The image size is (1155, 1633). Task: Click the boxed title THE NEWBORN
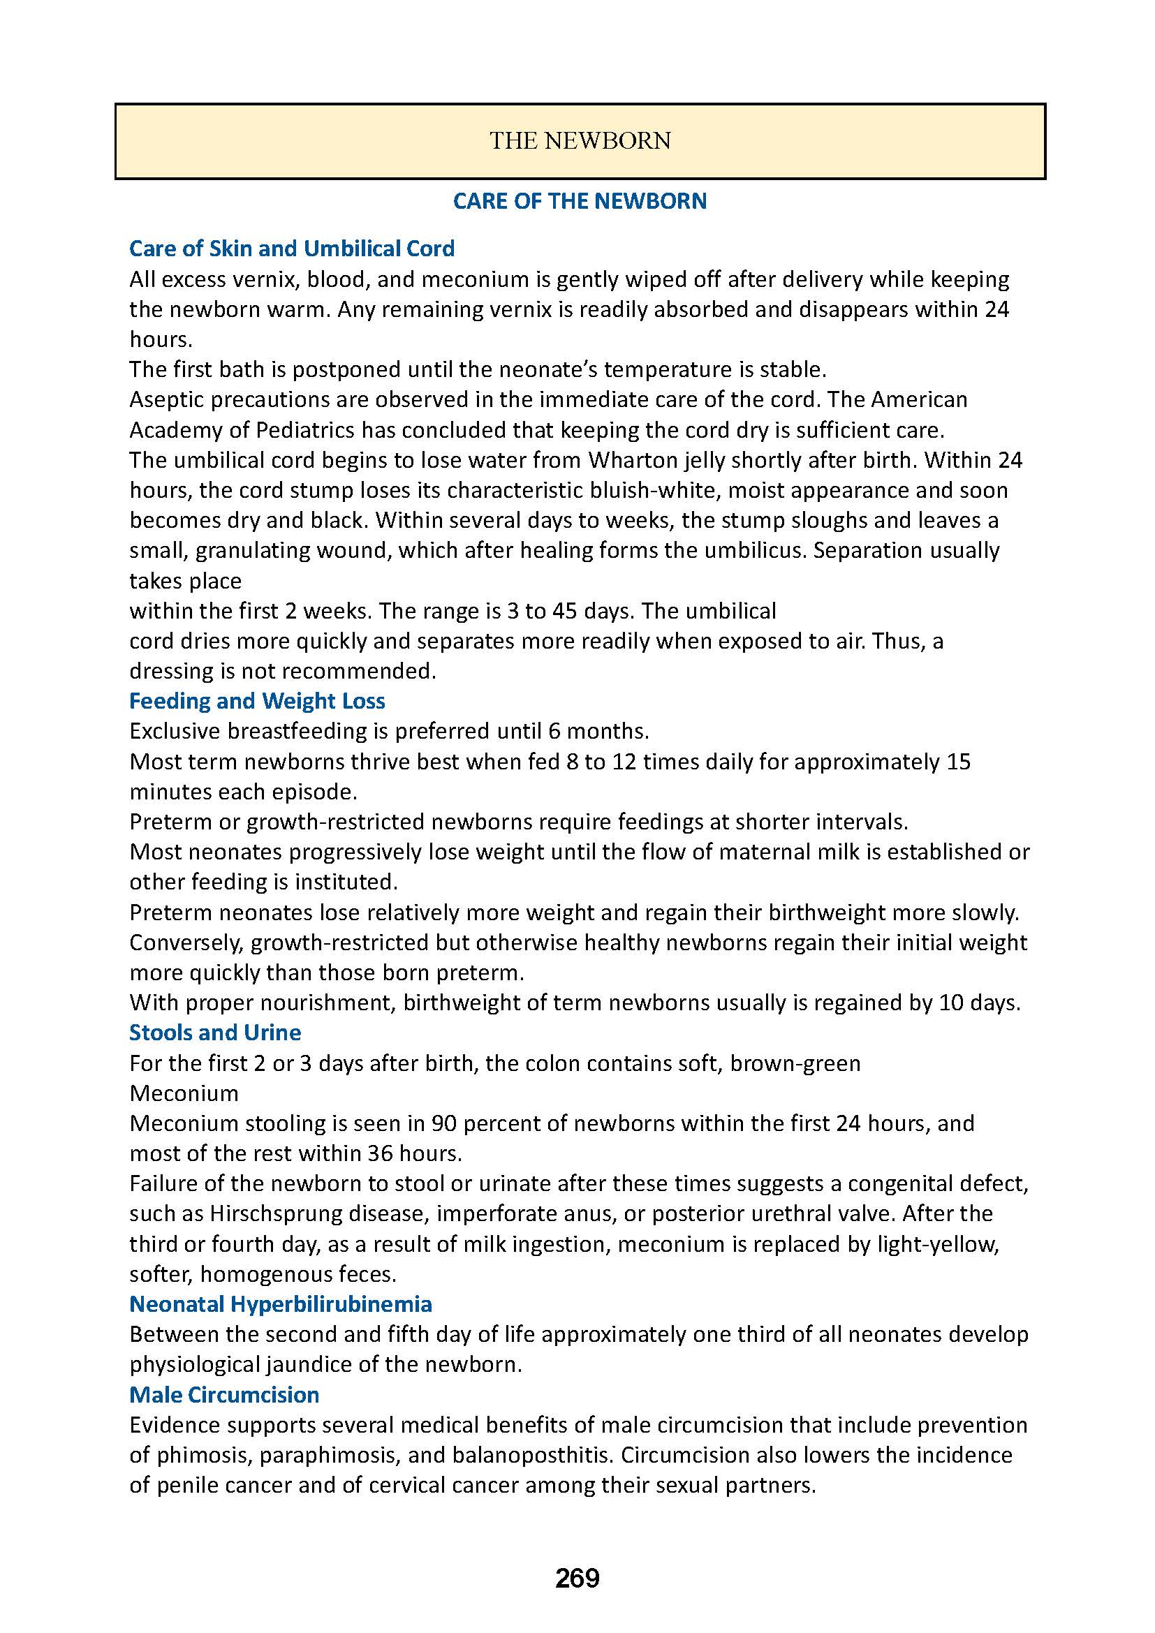580,141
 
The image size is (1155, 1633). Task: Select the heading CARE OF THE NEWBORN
580,201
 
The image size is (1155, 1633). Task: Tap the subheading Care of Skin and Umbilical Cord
292,249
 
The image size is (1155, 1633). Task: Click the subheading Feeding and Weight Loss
257,700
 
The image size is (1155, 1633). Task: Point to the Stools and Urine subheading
215,1032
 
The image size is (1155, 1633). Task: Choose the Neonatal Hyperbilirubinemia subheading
280,1303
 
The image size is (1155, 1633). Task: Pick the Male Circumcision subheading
224,1395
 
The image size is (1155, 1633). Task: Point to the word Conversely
186,943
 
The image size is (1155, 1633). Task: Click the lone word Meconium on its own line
184,1093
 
